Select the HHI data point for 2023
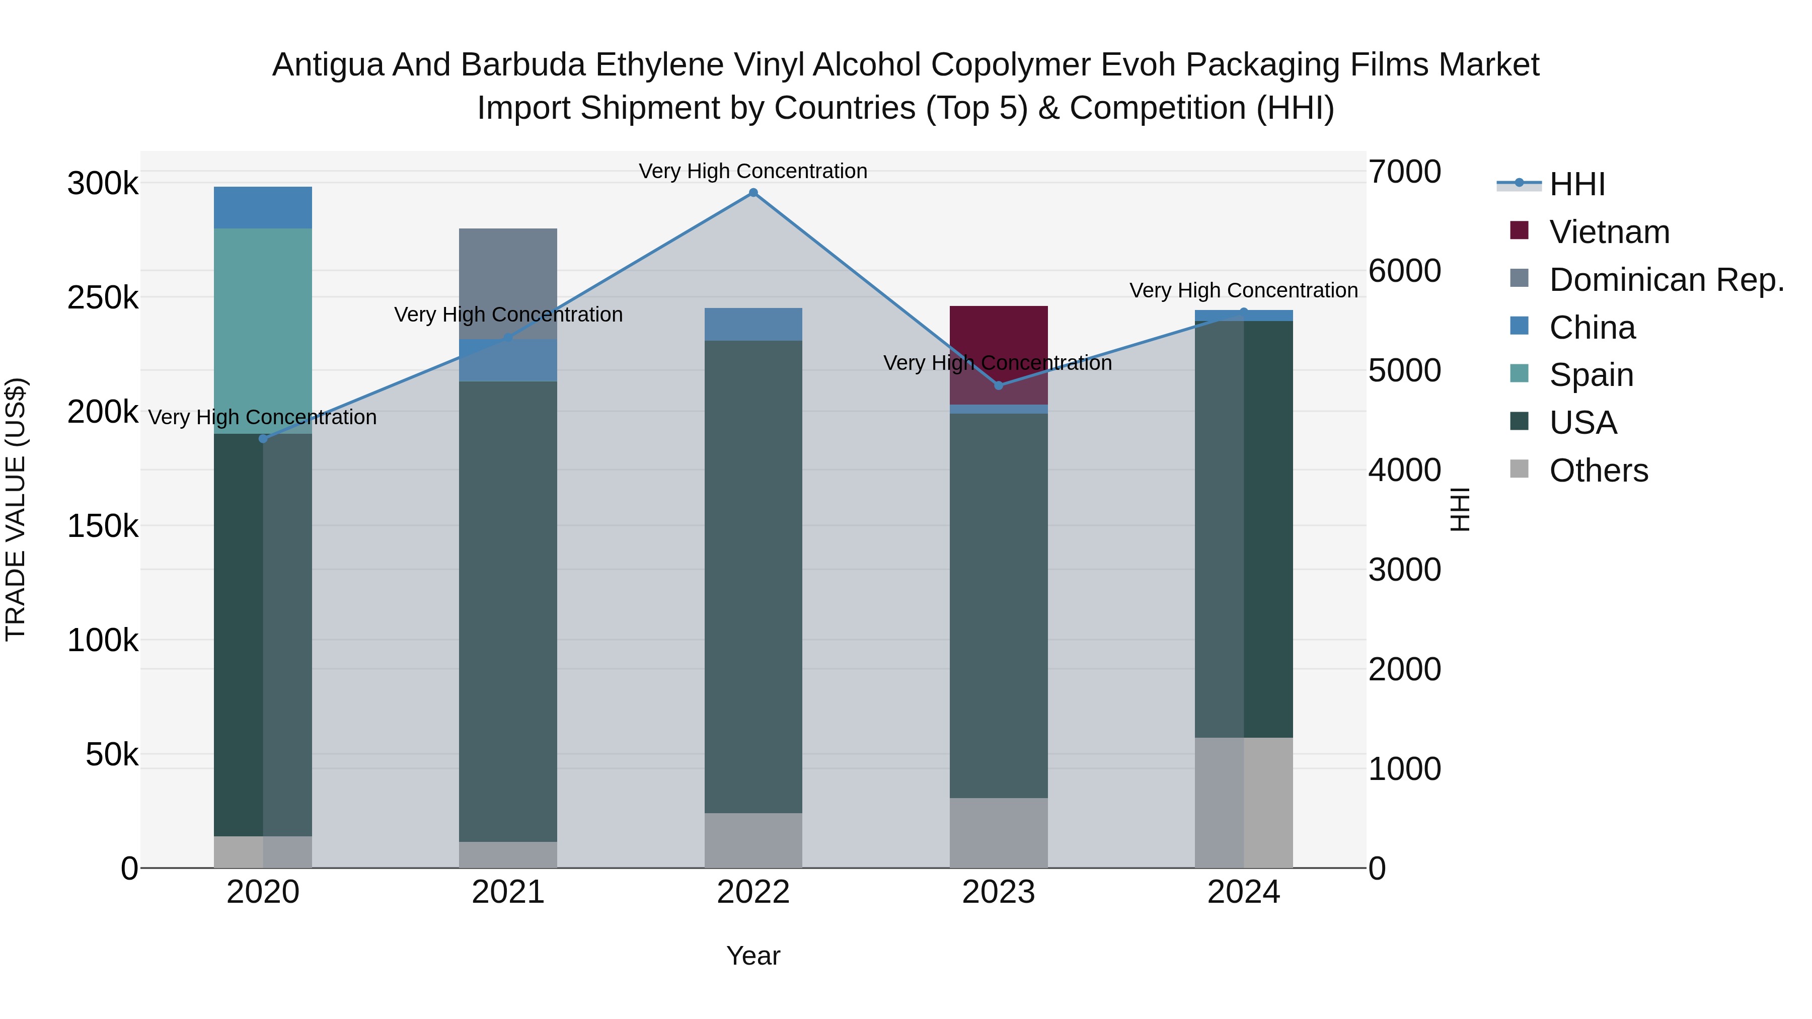coord(998,385)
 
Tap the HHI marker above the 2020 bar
coord(263,439)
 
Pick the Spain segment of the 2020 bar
coord(263,331)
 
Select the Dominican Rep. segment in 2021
coord(508,281)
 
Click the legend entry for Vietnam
coord(1610,232)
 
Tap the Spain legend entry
coord(1591,375)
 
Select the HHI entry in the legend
coord(1577,184)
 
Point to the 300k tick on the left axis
coord(103,184)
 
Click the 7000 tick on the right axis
coord(1404,172)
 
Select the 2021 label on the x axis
coord(508,892)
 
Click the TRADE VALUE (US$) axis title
coord(16,509)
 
